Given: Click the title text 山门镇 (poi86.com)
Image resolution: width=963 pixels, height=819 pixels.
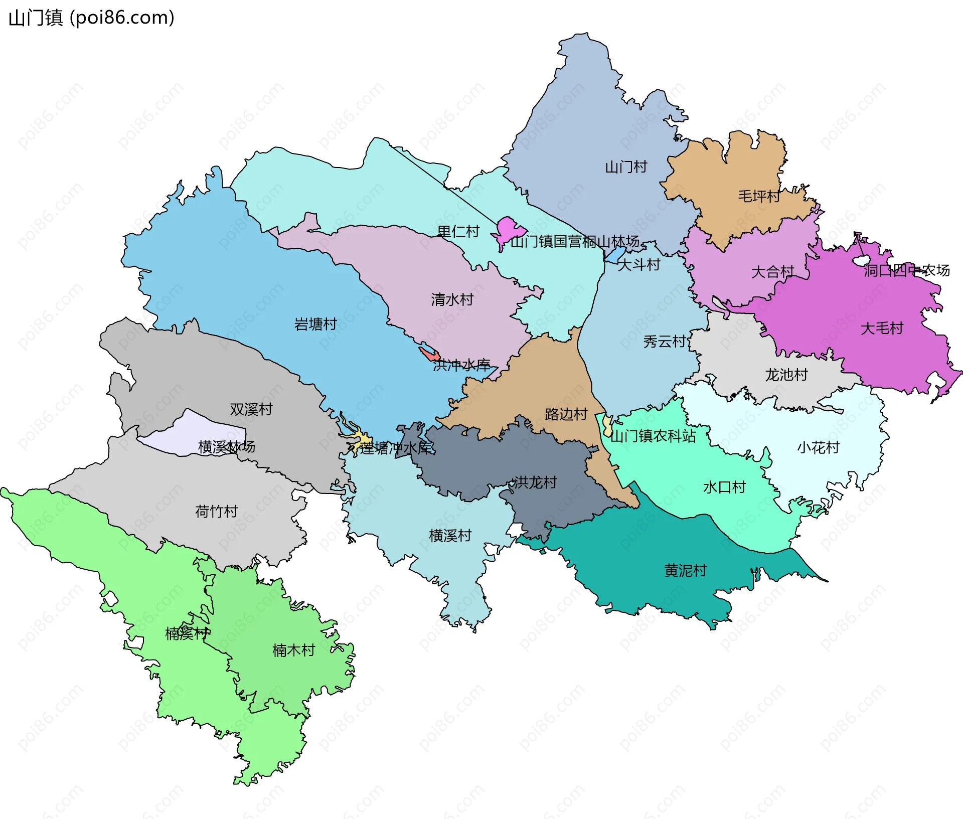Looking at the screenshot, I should pyautogui.click(x=91, y=18).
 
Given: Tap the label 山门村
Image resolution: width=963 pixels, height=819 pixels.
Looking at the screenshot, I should pyautogui.click(x=625, y=167).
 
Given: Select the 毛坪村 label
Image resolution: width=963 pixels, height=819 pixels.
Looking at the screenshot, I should pyautogui.click(x=758, y=196).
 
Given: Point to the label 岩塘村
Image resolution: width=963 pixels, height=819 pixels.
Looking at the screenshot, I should pyautogui.click(x=315, y=324).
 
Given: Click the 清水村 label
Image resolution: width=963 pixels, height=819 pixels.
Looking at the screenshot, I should pyautogui.click(x=452, y=300).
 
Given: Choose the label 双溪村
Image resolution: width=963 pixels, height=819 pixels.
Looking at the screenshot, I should pyautogui.click(x=251, y=409).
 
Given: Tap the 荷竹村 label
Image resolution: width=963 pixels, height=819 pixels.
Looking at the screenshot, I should pyautogui.click(x=216, y=512).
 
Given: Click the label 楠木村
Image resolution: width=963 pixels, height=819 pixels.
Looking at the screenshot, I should pyautogui.click(x=293, y=650).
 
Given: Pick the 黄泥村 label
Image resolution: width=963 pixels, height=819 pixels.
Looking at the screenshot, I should pyautogui.click(x=685, y=571).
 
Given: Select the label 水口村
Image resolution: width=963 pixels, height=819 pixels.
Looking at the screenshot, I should pyautogui.click(x=724, y=487).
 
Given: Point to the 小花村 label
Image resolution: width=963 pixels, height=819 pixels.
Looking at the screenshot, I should pyautogui.click(x=818, y=447).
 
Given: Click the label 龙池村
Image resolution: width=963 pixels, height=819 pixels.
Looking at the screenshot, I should pyautogui.click(x=785, y=375).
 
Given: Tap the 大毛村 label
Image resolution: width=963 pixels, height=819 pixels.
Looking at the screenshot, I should pyautogui.click(x=881, y=329).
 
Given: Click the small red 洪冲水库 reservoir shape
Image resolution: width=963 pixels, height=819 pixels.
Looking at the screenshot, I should pyautogui.click(x=429, y=354).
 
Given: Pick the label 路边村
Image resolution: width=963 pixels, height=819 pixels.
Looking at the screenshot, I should pyautogui.click(x=566, y=414).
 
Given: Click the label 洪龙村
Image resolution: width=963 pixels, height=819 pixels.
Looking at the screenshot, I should pyautogui.click(x=535, y=482).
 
